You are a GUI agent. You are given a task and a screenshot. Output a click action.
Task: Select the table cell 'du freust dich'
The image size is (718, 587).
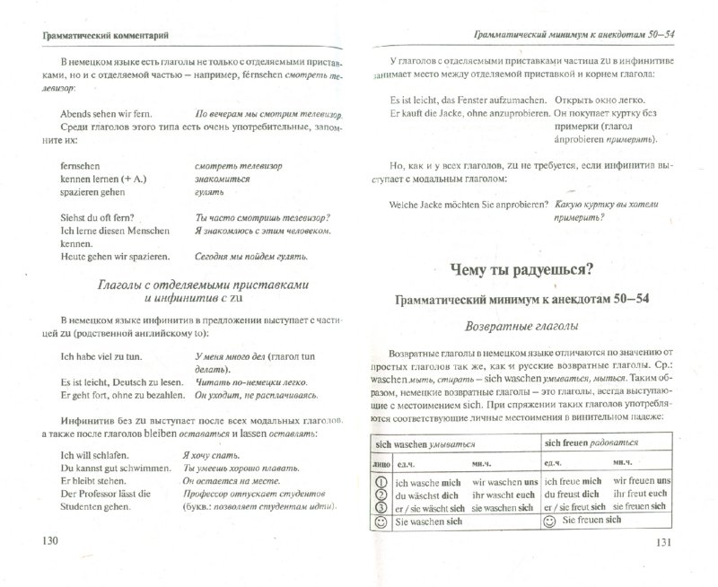[577, 497]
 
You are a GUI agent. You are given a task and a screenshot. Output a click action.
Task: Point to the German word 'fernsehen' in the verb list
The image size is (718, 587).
[83, 166]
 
